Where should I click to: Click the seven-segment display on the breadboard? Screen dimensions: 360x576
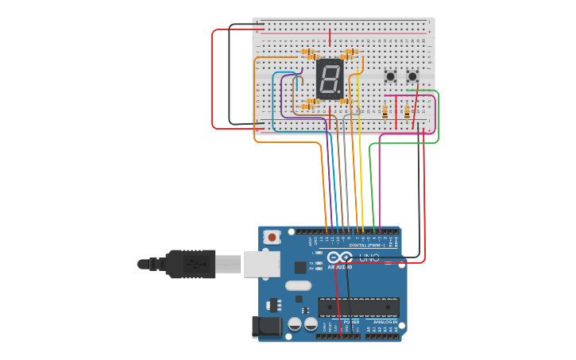(x=330, y=79)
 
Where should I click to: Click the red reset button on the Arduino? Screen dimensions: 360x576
(x=273, y=237)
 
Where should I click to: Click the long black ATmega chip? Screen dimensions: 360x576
(x=358, y=307)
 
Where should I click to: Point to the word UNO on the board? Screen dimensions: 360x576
(x=369, y=257)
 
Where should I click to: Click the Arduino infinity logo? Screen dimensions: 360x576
(x=339, y=257)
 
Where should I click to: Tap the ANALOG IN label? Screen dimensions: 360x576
(x=385, y=322)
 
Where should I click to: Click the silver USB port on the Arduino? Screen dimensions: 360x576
(x=261, y=263)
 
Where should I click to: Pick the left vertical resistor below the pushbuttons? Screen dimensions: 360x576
(x=385, y=112)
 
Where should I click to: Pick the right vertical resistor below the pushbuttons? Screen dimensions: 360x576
(x=407, y=112)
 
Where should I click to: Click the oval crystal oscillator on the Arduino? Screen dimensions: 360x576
(x=298, y=285)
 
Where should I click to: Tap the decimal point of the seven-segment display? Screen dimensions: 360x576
(x=341, y=93)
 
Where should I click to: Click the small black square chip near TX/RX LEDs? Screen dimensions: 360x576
(x=300, y=268)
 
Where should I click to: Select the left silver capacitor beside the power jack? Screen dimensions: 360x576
(x=295, y=323)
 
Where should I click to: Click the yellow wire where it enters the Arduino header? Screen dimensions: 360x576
(x=363, y=230)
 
